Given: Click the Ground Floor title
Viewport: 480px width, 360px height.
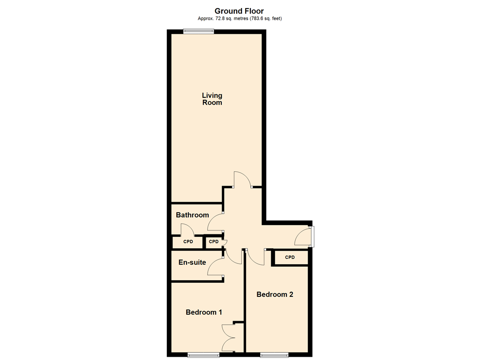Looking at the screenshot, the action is [x=239, y=11].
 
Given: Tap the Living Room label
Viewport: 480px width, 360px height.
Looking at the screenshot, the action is [x=212, y=99].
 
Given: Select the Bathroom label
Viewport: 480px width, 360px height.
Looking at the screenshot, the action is [x=192, y=215].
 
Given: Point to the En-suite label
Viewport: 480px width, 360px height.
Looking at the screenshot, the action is [x=192, y=262].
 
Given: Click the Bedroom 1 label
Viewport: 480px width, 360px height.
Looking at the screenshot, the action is [x=204, y=312].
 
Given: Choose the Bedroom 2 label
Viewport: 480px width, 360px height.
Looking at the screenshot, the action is [x=275, y=294].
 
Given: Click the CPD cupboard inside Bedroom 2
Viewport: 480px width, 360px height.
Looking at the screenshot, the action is [x=290, y=257].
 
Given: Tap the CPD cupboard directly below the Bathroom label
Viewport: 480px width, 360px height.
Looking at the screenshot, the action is [x=188, y=242].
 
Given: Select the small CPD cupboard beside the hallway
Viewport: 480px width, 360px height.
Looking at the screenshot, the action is [x=214, y=241].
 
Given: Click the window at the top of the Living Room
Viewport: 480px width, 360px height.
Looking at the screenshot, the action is [x=198, y=31].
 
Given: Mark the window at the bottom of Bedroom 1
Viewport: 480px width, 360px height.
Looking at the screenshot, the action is [x=203, y=355].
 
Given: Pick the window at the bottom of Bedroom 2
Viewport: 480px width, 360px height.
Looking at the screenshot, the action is [x=274, y=355].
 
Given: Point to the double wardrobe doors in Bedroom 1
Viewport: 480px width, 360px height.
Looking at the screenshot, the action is [x=227, y=337].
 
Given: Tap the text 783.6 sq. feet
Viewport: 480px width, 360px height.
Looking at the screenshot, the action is [x=266, y=18].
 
